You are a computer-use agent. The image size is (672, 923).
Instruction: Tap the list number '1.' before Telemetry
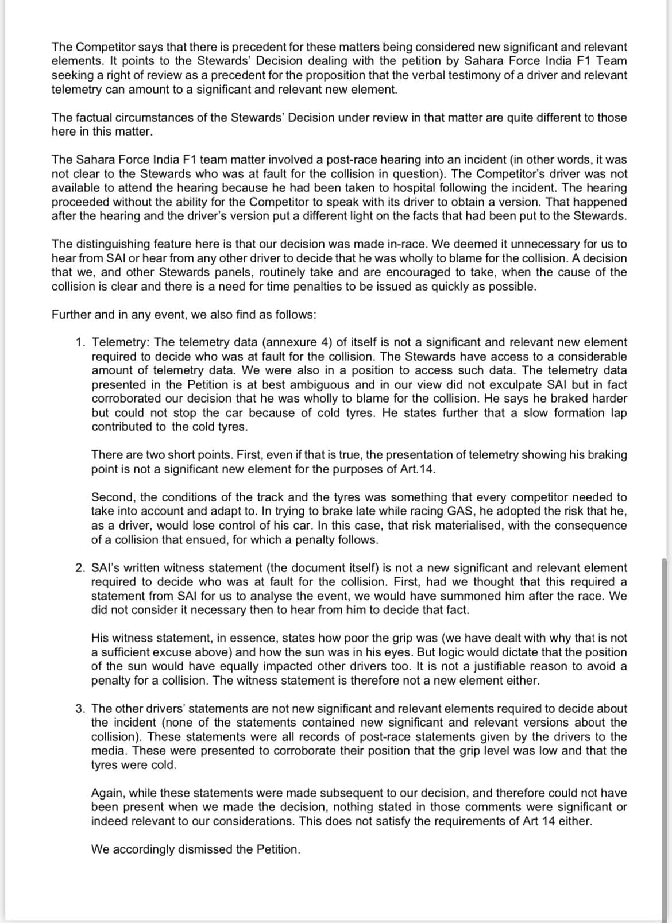[81, 342]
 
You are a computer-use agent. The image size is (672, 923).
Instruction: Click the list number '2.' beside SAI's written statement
[81, 568]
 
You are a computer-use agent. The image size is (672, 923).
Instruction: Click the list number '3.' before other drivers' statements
[81, 709]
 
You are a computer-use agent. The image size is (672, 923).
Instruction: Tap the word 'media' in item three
[107, 751]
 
